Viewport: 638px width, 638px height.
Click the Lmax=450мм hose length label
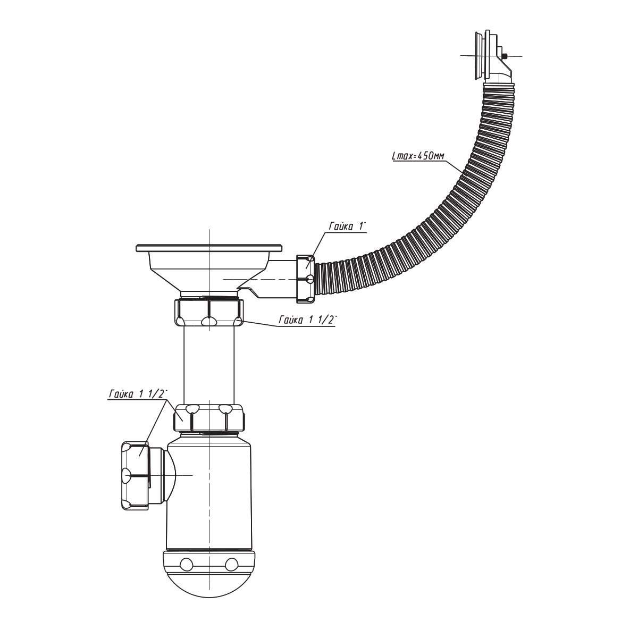(418, 156)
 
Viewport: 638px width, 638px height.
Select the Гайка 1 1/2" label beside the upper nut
(308, 320)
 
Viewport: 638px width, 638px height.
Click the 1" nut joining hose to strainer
(306, 279)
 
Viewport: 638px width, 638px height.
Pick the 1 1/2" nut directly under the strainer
(209, 312)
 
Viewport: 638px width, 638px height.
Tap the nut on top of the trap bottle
(209, 418)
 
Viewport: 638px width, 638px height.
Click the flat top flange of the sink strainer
(209, 248)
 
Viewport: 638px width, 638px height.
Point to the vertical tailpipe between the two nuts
(209, 365)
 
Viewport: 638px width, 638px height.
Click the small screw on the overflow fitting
(504, 56)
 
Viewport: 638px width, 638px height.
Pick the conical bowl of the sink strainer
(209, 272)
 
